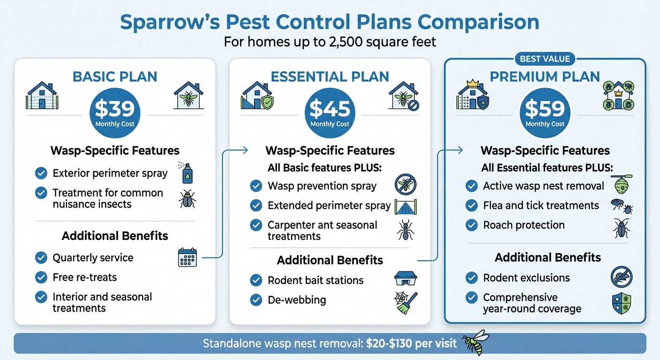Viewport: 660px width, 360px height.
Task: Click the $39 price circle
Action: coord(115,112)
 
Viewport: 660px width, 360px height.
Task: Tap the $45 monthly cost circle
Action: coord(330,112)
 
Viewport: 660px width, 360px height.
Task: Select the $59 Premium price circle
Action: coord(545,112)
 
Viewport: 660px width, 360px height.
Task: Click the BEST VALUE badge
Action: coord(545,59)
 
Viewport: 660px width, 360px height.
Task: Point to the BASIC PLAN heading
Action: coord(115,76)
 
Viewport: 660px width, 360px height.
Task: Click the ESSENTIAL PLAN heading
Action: coord(330,76)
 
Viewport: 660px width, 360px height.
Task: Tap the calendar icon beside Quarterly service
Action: coord(187,258)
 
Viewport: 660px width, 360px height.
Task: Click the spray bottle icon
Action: coord(187,172)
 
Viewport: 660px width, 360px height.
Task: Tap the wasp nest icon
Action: coord(621,185)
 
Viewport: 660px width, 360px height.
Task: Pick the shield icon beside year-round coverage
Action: coord(622,303)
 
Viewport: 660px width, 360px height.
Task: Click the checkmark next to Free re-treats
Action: coord(41,277)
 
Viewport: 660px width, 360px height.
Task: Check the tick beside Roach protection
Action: coord(472,225)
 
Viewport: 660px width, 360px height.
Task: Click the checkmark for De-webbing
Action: coord(256,300)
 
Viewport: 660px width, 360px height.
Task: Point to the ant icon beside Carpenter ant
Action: coord(405,230)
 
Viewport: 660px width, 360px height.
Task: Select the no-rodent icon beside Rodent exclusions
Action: coord(622,277)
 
